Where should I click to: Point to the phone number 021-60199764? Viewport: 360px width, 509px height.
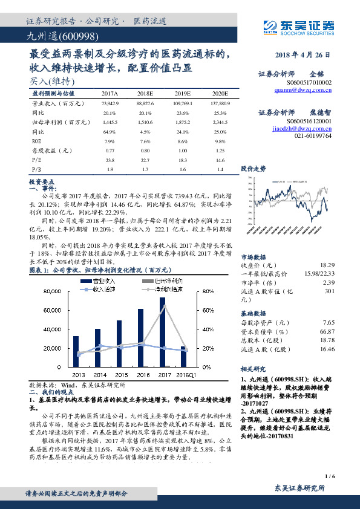[x=313, y=137]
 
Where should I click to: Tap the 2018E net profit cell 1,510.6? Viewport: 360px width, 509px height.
[x=145, y=123]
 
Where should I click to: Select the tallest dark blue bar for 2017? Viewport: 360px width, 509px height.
[x=162, y=332]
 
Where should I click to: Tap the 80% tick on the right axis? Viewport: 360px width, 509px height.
[x=205, y=291]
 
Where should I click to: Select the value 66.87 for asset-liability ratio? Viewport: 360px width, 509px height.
[x=327, y=331]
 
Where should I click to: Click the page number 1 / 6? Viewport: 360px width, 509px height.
[x=329, y=476]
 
